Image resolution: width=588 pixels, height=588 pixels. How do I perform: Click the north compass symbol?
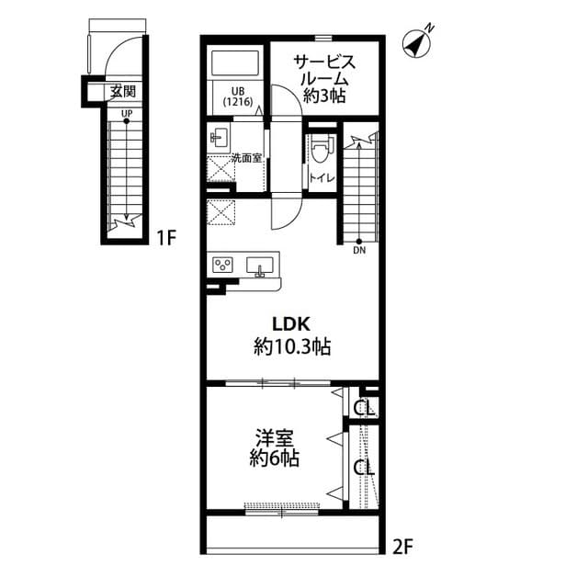point(421,42)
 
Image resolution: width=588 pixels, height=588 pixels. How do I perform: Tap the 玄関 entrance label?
point(122,91)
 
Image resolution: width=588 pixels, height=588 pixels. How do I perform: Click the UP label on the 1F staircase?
point(125,113)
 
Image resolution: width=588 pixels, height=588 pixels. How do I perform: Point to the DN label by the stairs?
point(358,249)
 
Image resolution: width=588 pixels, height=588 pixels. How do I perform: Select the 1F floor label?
point(165,239)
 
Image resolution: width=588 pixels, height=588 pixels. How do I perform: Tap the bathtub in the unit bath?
point(237,63)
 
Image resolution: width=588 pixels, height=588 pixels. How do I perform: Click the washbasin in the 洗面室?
point(220,139)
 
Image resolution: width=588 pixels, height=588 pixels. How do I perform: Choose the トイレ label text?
point(321,178)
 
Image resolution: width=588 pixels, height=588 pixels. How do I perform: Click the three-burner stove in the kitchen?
point(223,266)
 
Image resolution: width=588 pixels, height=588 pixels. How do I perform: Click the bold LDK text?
point(292,323)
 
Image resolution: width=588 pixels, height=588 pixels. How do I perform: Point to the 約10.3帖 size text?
point(292,346)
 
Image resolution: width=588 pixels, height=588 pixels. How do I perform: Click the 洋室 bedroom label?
point(273,436)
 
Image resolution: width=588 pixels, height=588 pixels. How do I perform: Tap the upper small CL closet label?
point(364,405)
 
